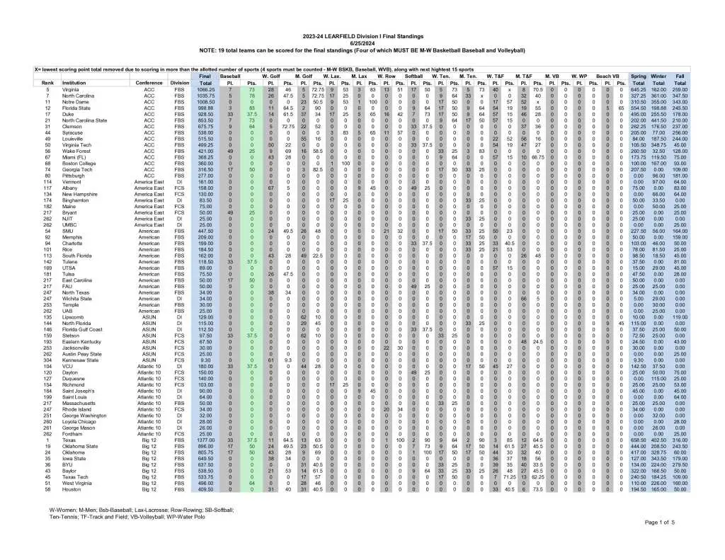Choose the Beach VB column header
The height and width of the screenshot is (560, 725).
[607, 76]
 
